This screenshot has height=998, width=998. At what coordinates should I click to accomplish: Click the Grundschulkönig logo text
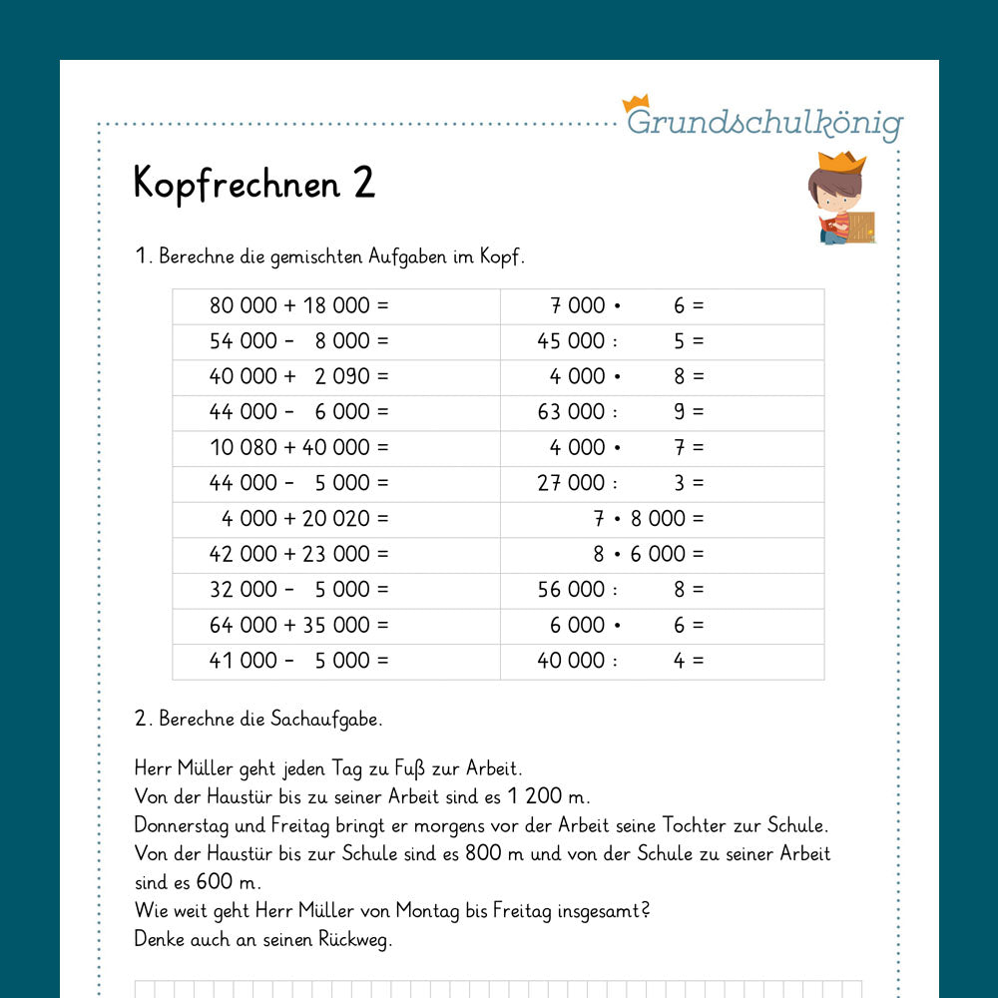click(764, 124)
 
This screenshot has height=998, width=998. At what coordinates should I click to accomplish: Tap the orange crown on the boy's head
click(841, 162)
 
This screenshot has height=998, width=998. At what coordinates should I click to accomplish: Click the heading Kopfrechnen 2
click(254, 185)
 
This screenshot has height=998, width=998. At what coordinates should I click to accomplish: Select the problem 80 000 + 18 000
click(298, 305)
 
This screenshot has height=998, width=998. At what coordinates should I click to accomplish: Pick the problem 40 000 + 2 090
click(298, 376)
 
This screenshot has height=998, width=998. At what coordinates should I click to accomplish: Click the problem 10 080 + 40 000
click(298, 447)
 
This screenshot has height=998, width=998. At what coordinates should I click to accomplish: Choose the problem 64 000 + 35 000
click(298, 625)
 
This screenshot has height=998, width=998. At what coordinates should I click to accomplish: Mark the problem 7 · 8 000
click(648, 518)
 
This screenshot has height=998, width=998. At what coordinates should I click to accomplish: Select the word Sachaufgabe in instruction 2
click(325, 719)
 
